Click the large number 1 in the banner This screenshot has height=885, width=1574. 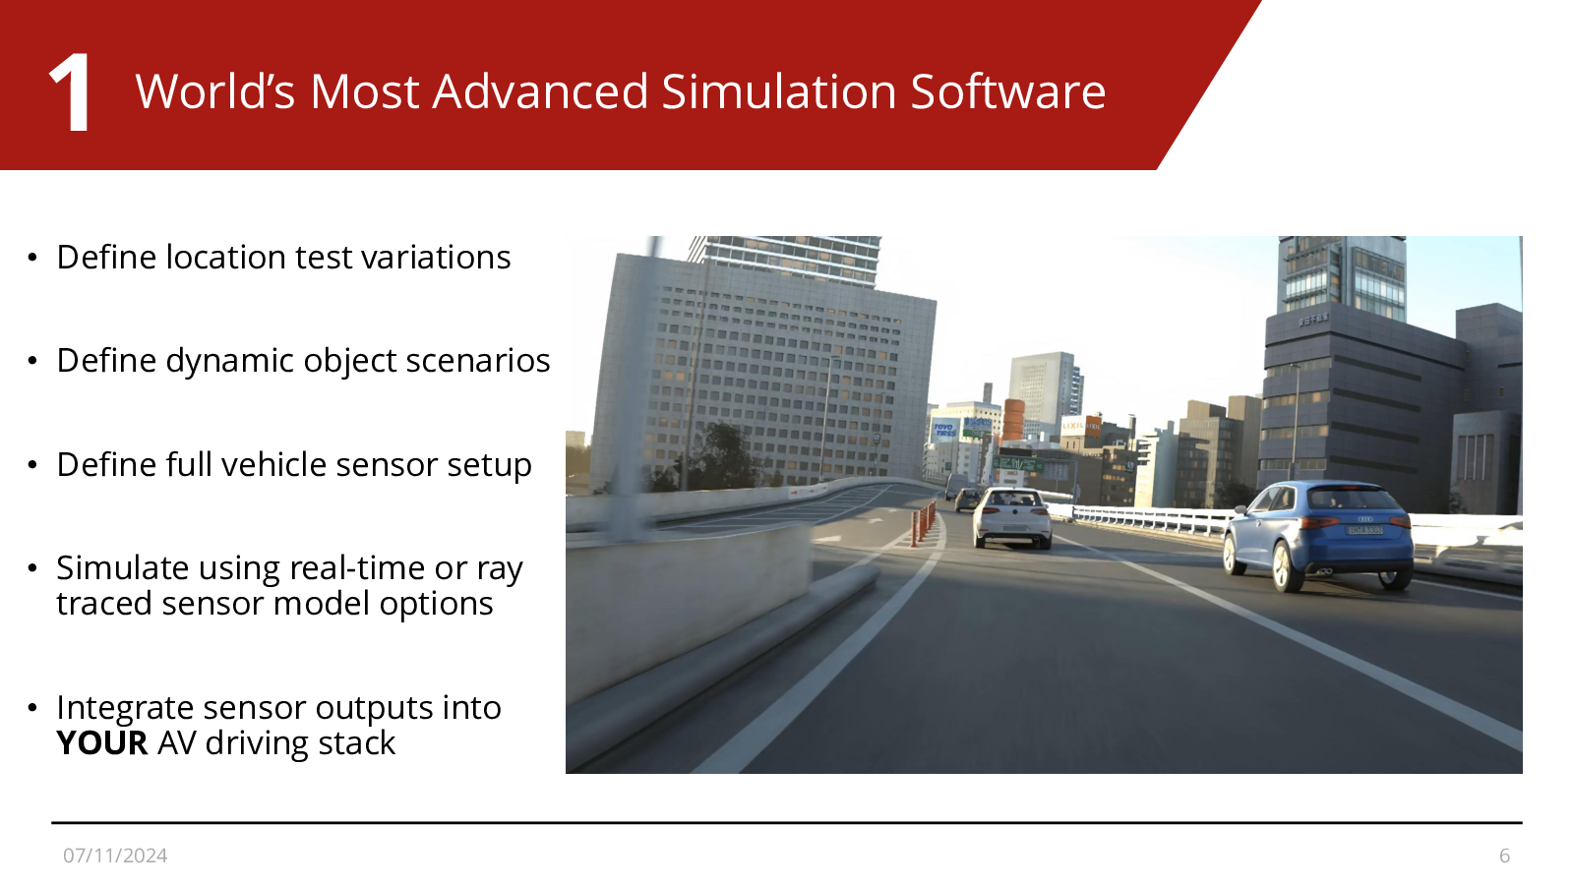point(70,92)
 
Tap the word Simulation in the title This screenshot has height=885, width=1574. point(778,92)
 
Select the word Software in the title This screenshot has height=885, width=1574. point(1007,92)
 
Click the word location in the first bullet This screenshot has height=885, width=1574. point(225,257)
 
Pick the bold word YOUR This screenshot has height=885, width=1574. point(102,743)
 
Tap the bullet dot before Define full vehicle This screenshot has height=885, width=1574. point(32,464)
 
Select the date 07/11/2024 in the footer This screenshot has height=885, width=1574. point(115,855)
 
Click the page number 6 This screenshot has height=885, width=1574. point(1504,855)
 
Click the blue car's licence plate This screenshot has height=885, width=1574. point(1364,530)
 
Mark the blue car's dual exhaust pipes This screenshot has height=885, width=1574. point(1324,571)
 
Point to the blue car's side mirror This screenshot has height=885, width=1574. point(1242,507)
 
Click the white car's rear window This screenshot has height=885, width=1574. point(1012,500)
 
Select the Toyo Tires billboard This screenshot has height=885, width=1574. point(944,430)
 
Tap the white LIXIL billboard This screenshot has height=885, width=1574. point(1072,426)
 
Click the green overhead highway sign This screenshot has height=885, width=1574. point(1017,464)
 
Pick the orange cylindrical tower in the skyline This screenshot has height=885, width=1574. point(1013,419)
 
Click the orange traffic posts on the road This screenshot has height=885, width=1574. point(924,523)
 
